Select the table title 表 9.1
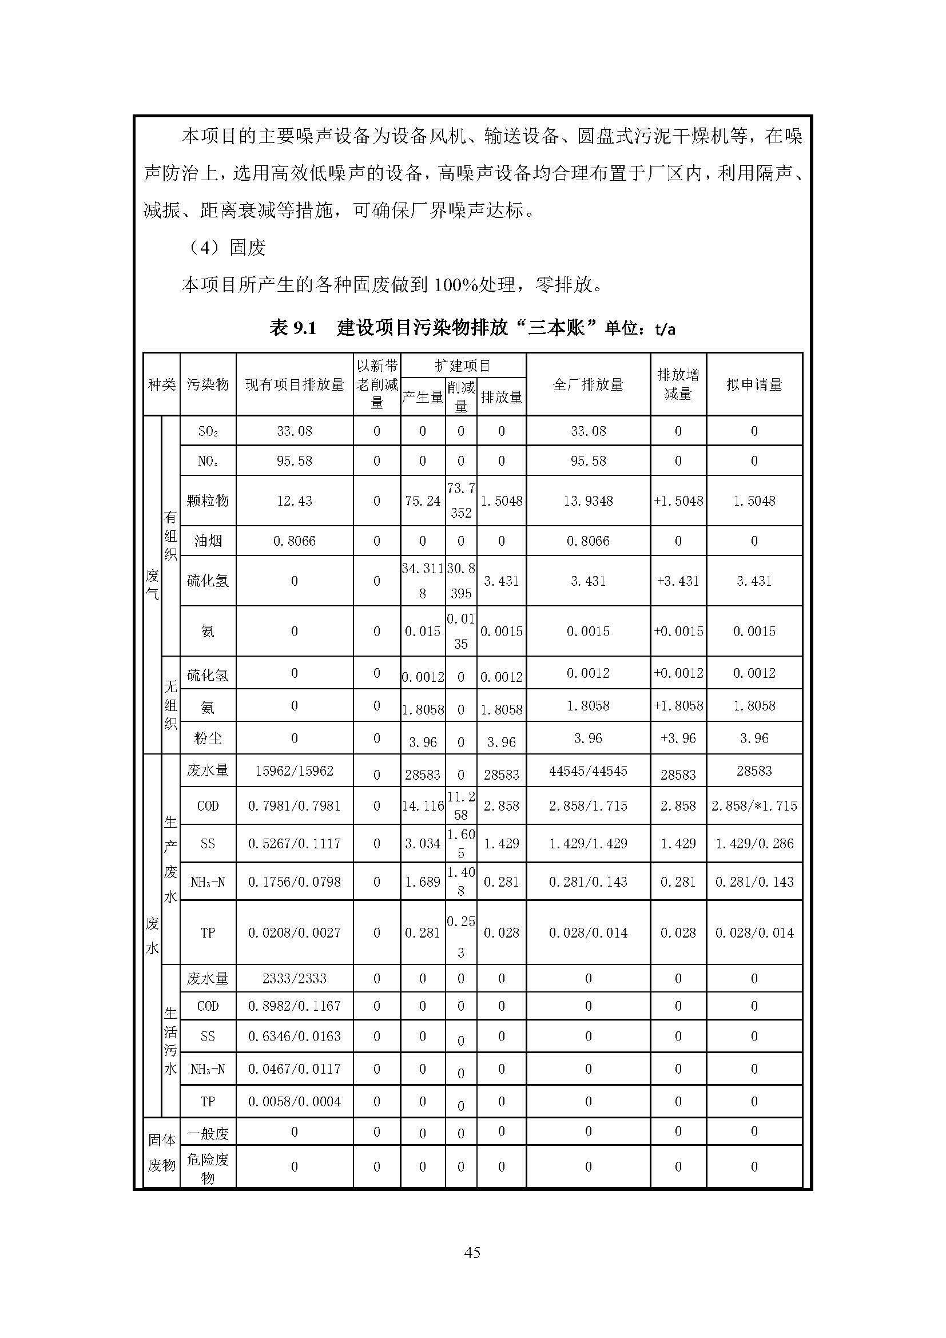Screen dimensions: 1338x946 click(292, 329)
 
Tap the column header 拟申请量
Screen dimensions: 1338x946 click(754, 384)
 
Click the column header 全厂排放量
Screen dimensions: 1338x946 click(588, 384)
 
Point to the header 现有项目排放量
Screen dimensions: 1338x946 click(294, 384)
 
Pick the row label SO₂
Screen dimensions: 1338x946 click(208, 431)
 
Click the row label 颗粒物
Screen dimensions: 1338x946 click(208, 501)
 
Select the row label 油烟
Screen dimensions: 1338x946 click(208, 541)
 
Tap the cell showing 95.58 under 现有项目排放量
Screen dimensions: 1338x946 click(294, 461)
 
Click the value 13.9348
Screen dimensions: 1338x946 click(588, 501)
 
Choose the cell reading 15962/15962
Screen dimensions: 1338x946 click(294, 771)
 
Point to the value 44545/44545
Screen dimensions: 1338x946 click(588, 771)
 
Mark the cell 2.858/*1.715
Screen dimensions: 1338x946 click(754, 806)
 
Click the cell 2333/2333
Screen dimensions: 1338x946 click(294, 978)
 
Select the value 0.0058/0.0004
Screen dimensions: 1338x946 click(294, 1101)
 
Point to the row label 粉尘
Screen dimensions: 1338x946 click(208, 739)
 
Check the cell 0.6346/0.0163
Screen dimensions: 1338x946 click(294, 1036)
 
